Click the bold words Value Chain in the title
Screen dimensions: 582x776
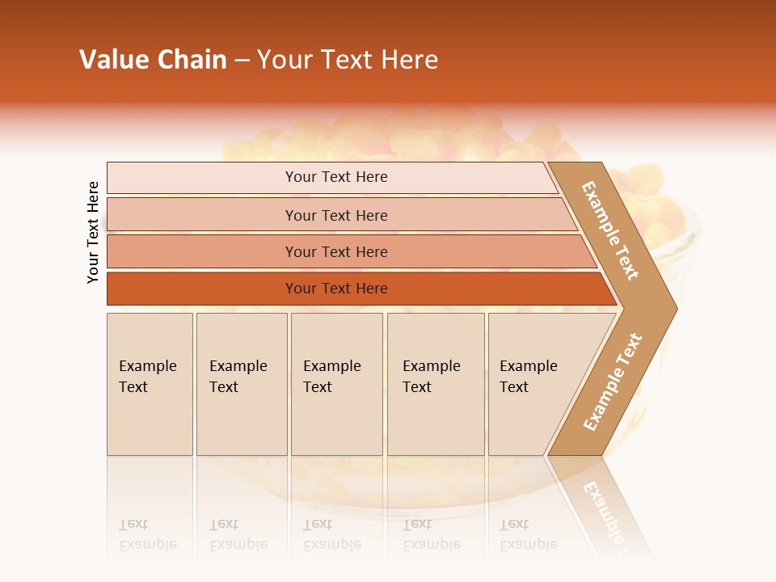(153, 60)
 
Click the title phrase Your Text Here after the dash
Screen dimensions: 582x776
(348, 60)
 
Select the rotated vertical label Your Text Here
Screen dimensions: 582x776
(93, 232)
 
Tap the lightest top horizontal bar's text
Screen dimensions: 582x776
(336, 177)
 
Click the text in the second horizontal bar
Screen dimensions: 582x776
(336, 216)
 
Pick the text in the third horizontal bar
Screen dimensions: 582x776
(336, 252)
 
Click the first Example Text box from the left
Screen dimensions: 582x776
(150, 383)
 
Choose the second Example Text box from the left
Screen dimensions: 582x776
(241, 383)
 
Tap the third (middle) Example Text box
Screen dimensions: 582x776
(335, 383)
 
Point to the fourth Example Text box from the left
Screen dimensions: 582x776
(435, 383)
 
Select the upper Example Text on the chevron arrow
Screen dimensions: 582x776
(610, 230)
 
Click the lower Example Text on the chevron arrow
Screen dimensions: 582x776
(613, 382)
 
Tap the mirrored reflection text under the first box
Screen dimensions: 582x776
(147, 534)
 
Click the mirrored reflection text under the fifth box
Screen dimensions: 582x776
(529, 534)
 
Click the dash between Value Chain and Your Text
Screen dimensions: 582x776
(242, 61)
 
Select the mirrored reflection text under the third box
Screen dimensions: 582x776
(332, 534)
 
